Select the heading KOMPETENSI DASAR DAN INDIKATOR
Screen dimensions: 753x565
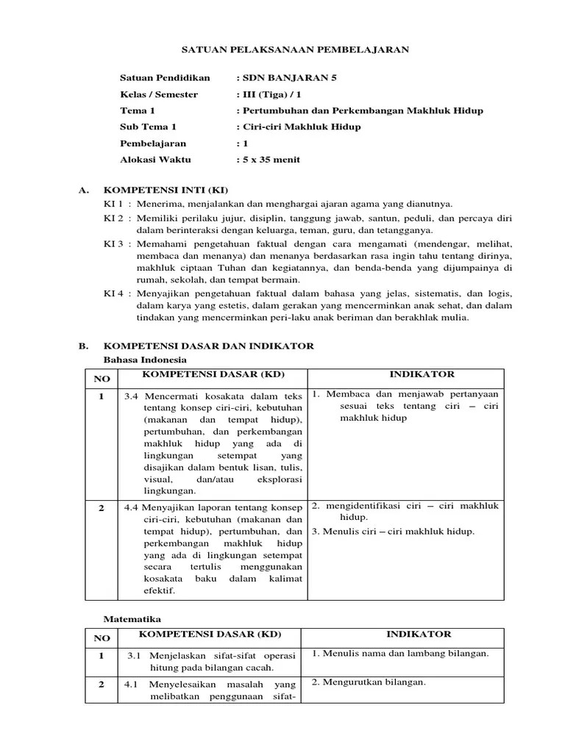pyautogui.click(x=209, y=345)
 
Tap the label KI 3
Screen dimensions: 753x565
pyautogui.click(x=114, y=244)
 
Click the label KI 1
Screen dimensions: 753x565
pyautogui.click(x=114, y=204)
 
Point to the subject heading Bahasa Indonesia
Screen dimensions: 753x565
pyautogui.click(x=144, y=359)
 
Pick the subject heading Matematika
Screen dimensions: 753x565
pyautogui.click(x=131, y=619)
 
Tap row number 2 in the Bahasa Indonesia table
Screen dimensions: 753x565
pyautogui.click(x=102, y=507)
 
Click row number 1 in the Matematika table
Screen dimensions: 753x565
pyautogui.click(x=102, y=655)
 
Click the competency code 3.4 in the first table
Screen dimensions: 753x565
pyautogui.click(x=132, y=396)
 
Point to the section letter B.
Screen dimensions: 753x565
pyautogui.click(x=83, y=345)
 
